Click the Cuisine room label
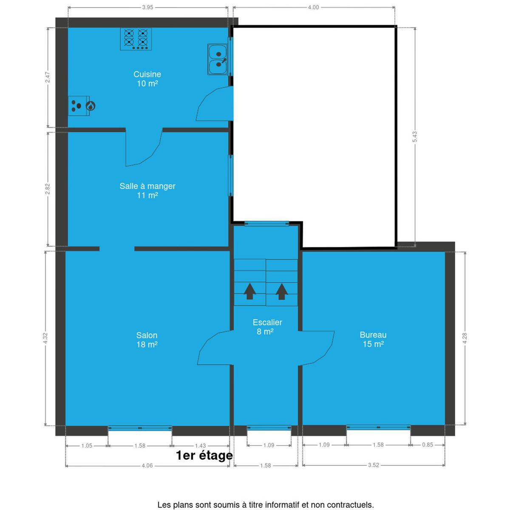(147, 79)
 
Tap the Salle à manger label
(147, 190)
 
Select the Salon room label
(147, 340)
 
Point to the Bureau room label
(373, 339)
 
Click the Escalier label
(267, 326)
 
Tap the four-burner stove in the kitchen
(136, 39)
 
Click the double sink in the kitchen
(218, 59)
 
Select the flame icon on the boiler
(91, 106)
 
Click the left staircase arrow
(249, 291)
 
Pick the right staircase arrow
(282, 292)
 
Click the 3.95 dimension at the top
(147, 7)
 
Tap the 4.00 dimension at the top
(313, 7)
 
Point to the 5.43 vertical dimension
(415, 137)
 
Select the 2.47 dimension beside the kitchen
(47, 77)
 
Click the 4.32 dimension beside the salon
(45, 338)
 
